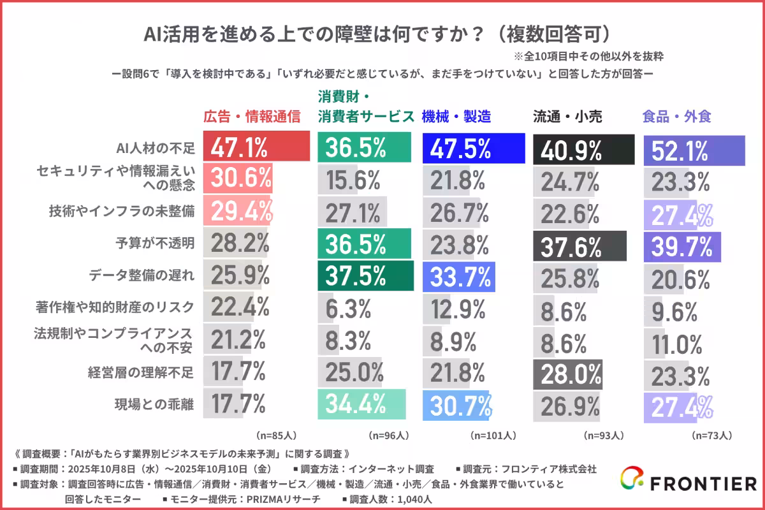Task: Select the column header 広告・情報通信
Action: (251, 117)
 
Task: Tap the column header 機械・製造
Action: (456, 117)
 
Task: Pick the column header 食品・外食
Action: (677, 117)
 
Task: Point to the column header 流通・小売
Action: (567, 117)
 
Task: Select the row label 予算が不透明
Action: (164, 243)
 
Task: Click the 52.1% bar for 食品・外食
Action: (694, 150)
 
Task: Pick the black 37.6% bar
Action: (579, 245)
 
